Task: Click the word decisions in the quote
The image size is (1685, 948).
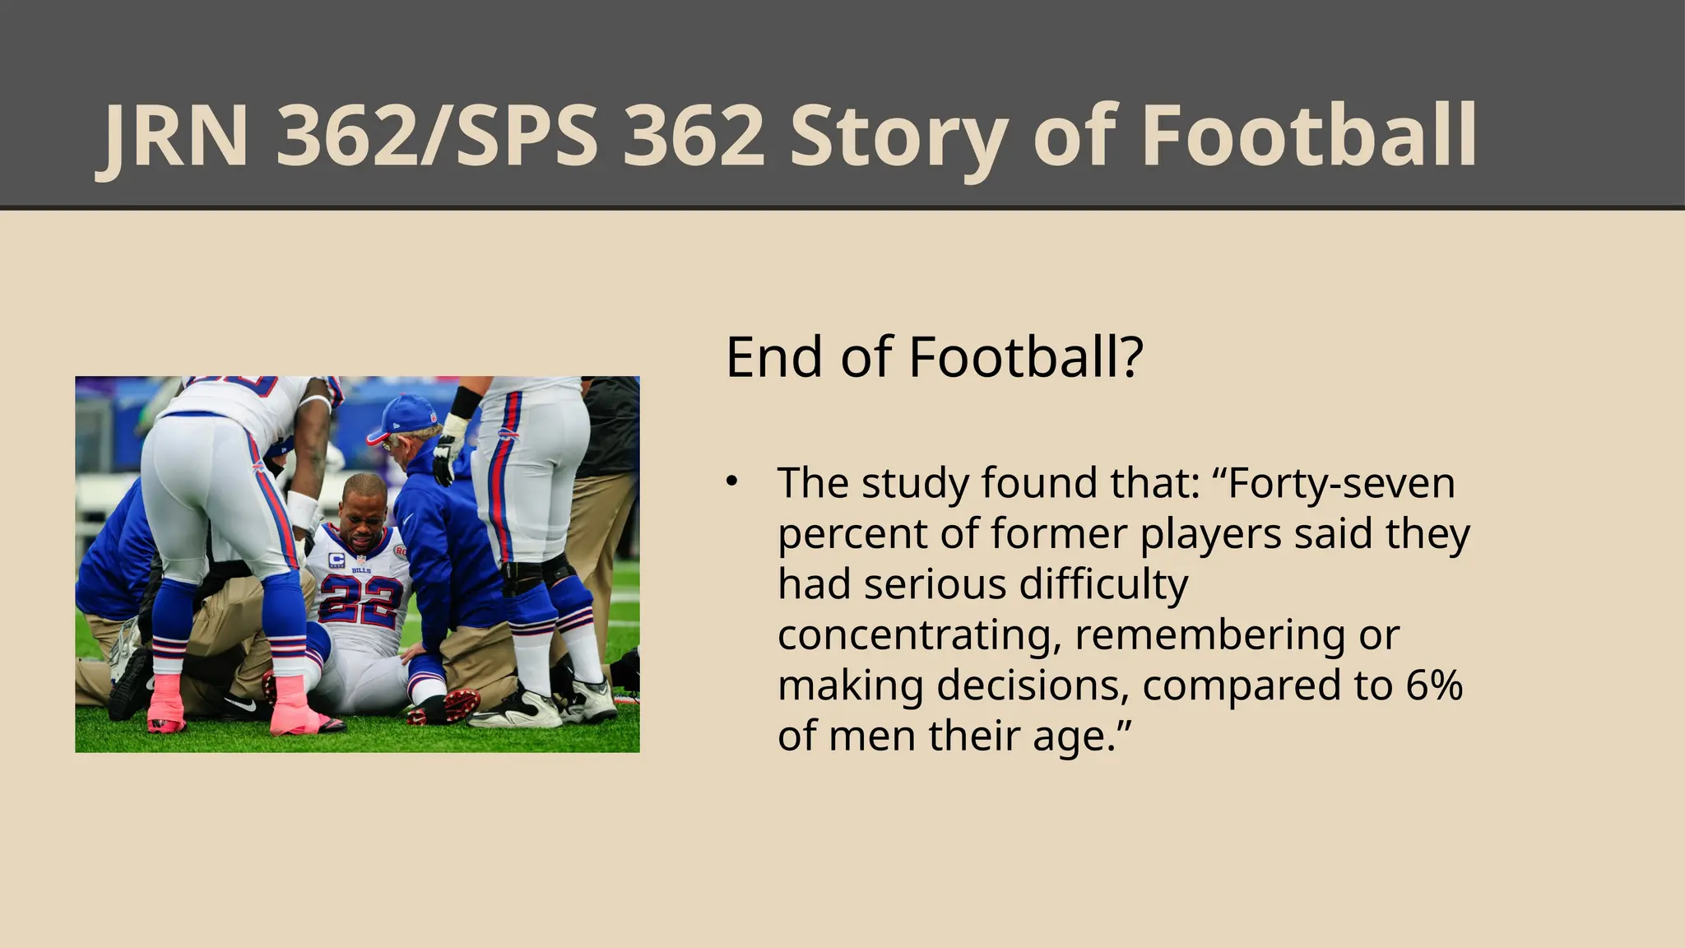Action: (1033, 685)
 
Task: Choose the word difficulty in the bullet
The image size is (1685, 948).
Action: (1103, 584)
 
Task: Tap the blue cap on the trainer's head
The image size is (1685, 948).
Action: (406, 416)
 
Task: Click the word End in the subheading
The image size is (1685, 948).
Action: (773, 357)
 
